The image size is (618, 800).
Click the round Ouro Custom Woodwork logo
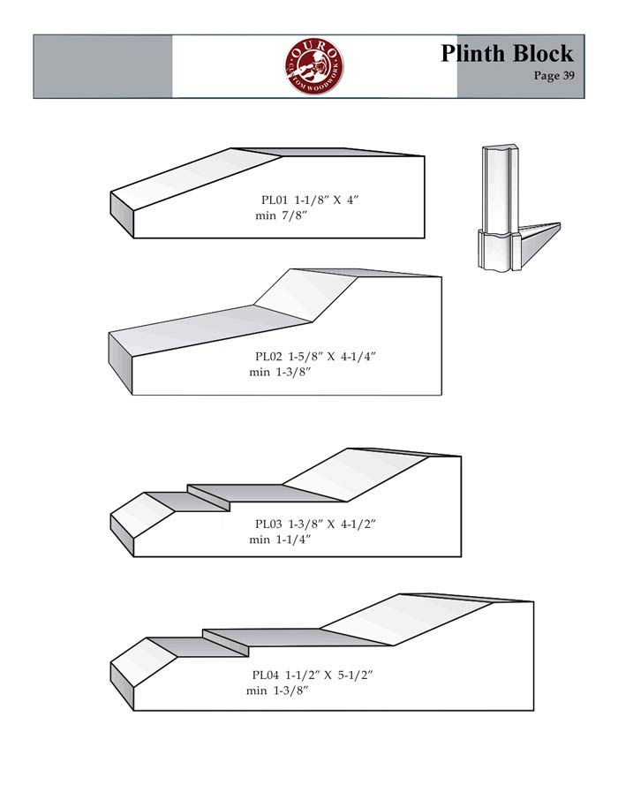[x=314, y=66]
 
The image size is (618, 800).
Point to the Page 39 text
[x=554, y=76]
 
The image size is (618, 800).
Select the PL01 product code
[x=275, y=200]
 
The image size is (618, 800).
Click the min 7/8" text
[x=281, y=215]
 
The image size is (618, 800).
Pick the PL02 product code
[x=269, y=356]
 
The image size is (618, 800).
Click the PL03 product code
[x=269, y=524]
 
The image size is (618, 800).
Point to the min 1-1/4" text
[x=280, y=540]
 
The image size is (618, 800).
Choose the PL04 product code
[x=266, y=675]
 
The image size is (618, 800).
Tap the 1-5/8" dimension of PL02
[x=305, y=356]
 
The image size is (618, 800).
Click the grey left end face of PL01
[x=122, y=215]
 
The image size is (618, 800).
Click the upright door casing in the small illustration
[x=500, y=189]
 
